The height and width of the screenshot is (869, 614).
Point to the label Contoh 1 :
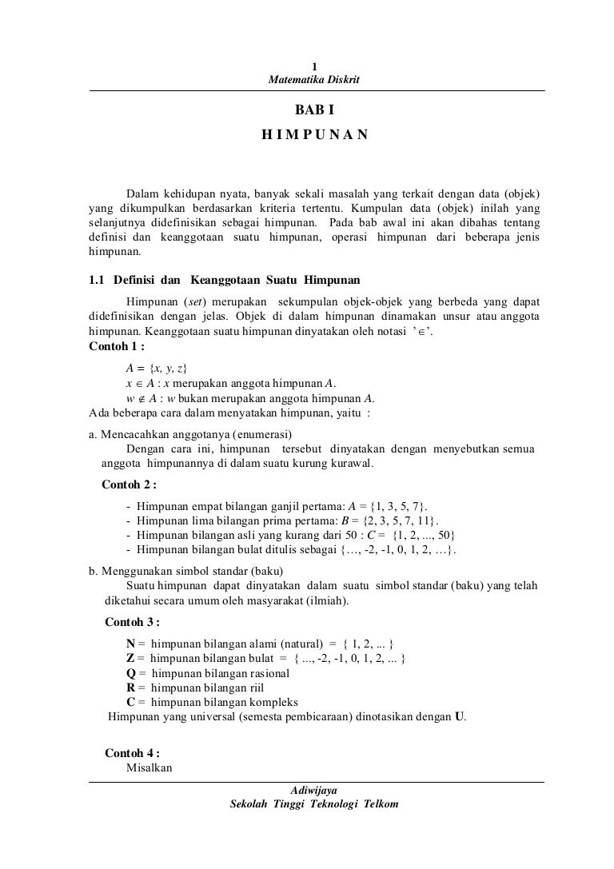point(118,346)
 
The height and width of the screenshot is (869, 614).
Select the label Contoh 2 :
point(130,484)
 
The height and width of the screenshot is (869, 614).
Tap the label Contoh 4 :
point(133,753)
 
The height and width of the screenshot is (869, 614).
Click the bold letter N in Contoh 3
point(130,644)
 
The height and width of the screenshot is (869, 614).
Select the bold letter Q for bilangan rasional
point(130,673)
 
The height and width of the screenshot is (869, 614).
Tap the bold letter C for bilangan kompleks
point(130,702)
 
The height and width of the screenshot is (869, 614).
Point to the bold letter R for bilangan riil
point(130,688)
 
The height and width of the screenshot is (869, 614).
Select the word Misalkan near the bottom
point(150,767)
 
